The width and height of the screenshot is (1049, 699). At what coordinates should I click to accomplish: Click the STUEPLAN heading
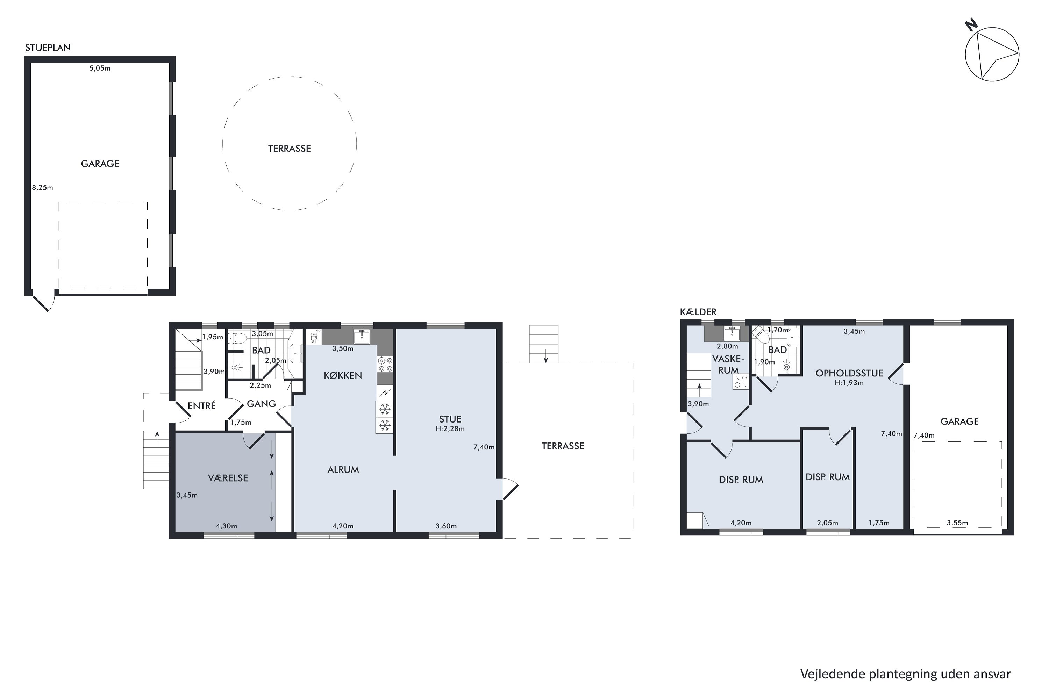pos(48,48)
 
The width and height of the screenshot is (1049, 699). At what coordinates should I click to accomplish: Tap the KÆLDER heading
pos(698,312)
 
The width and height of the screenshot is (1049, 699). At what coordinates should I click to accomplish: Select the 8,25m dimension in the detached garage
pos(42,188)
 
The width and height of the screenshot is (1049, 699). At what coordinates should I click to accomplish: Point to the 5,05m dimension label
pos(100,68)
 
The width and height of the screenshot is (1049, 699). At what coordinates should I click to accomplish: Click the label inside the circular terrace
pos(289,149)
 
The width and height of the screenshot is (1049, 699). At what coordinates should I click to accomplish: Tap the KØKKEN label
pos(343,376)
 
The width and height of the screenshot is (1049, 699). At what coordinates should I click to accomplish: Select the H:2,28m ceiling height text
pos(450,429)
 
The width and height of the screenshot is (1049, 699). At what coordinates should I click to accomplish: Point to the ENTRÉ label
pos(202,406)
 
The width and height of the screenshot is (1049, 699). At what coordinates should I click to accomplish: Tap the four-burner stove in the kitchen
pos(385,365)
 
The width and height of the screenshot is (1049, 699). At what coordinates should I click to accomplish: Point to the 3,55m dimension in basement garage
pos(957,523)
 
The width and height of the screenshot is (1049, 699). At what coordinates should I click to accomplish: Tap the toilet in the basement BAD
pos(759,334)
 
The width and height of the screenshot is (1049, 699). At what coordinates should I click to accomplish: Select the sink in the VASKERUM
pos(732,333)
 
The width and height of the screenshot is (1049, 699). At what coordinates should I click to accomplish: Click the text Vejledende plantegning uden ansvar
pos(905,674)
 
